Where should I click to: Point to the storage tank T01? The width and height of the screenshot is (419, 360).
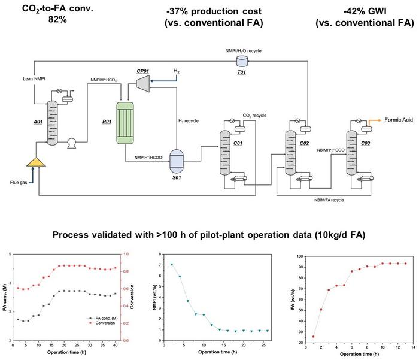tap(243, 61)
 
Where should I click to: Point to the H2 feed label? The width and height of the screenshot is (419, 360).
tap(177, 72)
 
